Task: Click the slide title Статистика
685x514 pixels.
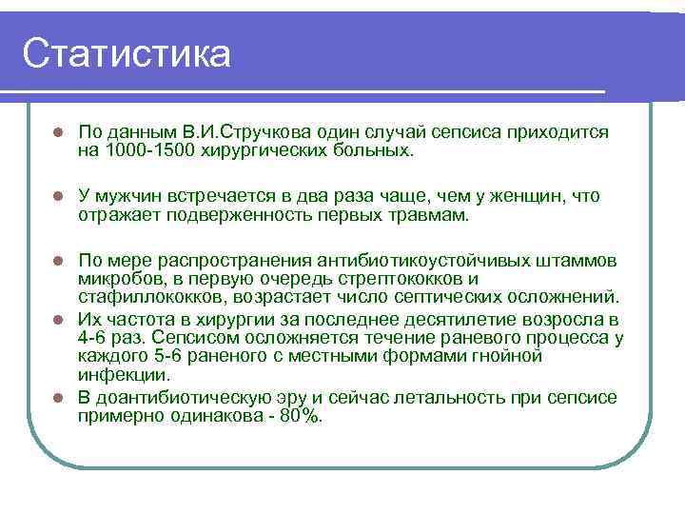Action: pos(126,54)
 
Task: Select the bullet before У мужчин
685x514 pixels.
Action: pos(57,197)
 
